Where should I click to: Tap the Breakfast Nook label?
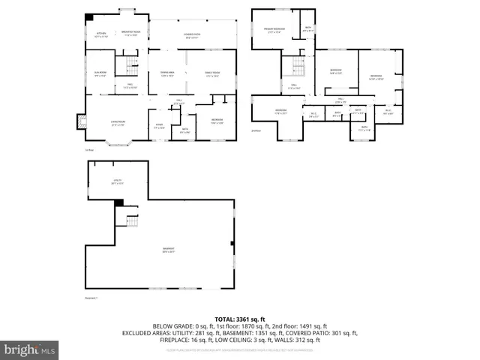pyautogui.click(x=130, y=34)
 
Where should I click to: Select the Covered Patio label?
pyautogui.click(x=192, y=35)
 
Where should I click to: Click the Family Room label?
pyautogui.click(x=213, y=73)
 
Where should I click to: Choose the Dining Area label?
pyautogui.click(x=166, y=73)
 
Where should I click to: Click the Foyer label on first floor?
pyautogui.click(x=160, y=126)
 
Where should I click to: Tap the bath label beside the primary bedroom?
pyautogui.click(x=307, y=30)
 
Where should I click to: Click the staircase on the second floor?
pyautogui.click(x=298, y=68)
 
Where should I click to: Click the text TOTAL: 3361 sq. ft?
pyautogui.click(x=240, y=319)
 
